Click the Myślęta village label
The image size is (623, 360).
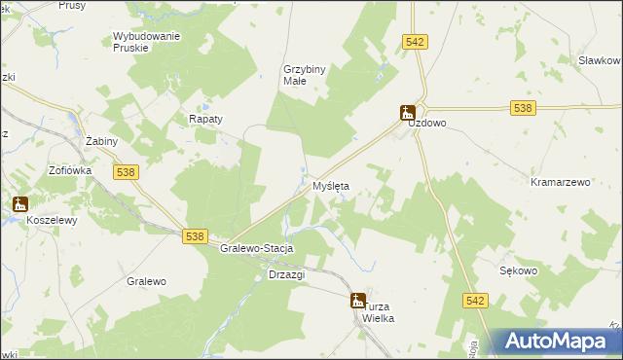pyautogui.click(x=331, y=185)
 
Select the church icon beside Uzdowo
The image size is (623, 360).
pyautogui.click(x=408, y=113)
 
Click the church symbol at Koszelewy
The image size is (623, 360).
pyautogui.click(x=19, y=204)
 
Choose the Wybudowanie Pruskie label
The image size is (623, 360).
pyautogui.click(x=147, y=42)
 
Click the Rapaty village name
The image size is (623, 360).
pyautogui.click(x=205, y=119)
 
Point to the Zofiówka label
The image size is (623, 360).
pyautogui.click(x=70, y=169)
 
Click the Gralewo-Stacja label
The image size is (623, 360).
pyautogui.click(x=257, y=249)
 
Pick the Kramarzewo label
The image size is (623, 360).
pyautogui.click(x=562, y=182)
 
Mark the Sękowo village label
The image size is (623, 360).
pyautogui.click(x=518, y=271)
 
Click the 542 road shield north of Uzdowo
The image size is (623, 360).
pyautogui.click(x=416, y=41)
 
